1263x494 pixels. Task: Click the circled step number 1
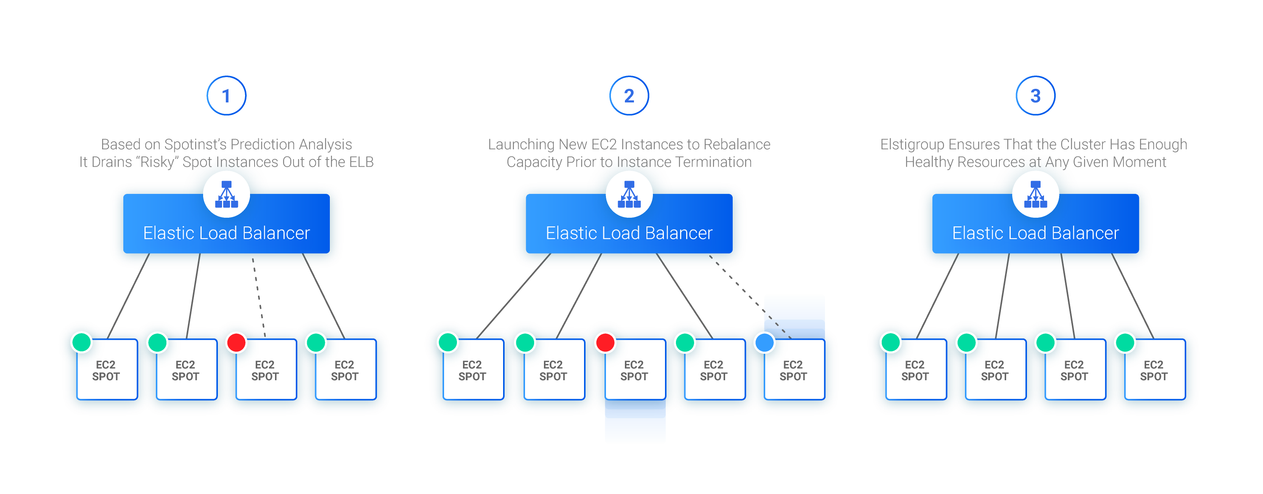[x=226, y=96]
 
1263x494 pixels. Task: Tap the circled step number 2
[x=629, y=96]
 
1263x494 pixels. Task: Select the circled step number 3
[x=1035, y=96]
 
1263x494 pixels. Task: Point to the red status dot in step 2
[x=604, y=342]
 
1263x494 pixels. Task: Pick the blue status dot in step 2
[x=764, y=342]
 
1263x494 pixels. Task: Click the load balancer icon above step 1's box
[x=227, y=195]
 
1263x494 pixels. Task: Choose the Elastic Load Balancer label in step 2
[x=629, y=233]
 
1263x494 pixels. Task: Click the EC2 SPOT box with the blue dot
[x=793, y=370]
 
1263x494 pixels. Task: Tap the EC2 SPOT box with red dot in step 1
[x=265, y=370]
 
